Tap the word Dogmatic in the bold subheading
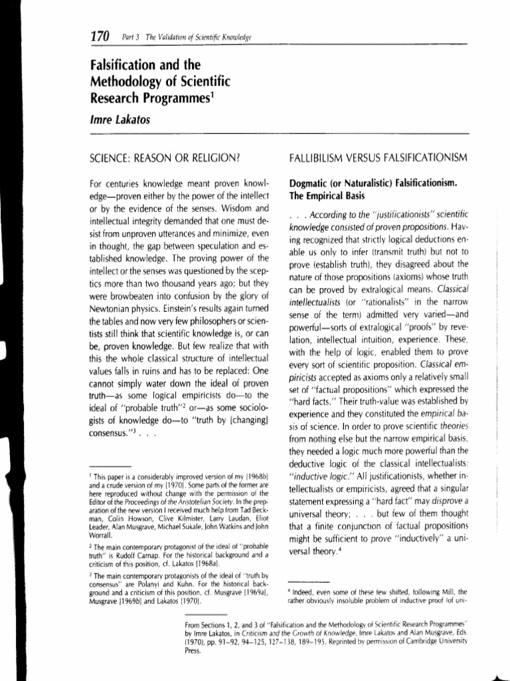pyautogui.click(x=312, y=183)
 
